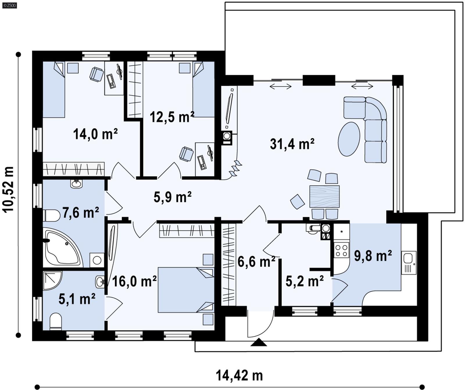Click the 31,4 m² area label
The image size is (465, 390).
point(292,144)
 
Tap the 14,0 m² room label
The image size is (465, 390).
point(95,134)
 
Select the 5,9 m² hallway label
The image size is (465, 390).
point(172,197)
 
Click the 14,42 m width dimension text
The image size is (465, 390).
point(239,375)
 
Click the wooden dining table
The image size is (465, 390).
point(324,196)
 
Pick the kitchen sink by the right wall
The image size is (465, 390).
point(409,262)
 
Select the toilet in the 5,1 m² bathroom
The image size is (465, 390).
point(56,321)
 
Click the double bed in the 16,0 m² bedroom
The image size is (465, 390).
point(185,290)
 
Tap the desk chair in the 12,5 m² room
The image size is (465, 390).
point(186,154)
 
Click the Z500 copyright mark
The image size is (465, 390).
point(9,5)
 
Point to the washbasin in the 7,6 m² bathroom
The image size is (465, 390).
point(76,184)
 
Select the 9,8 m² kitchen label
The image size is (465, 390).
point(373,256)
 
